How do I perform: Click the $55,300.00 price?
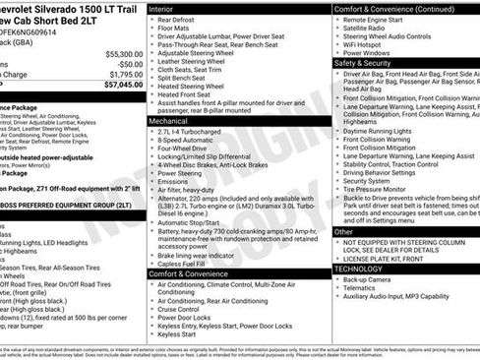pos(123,53)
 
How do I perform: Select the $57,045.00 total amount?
pos(122,86)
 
